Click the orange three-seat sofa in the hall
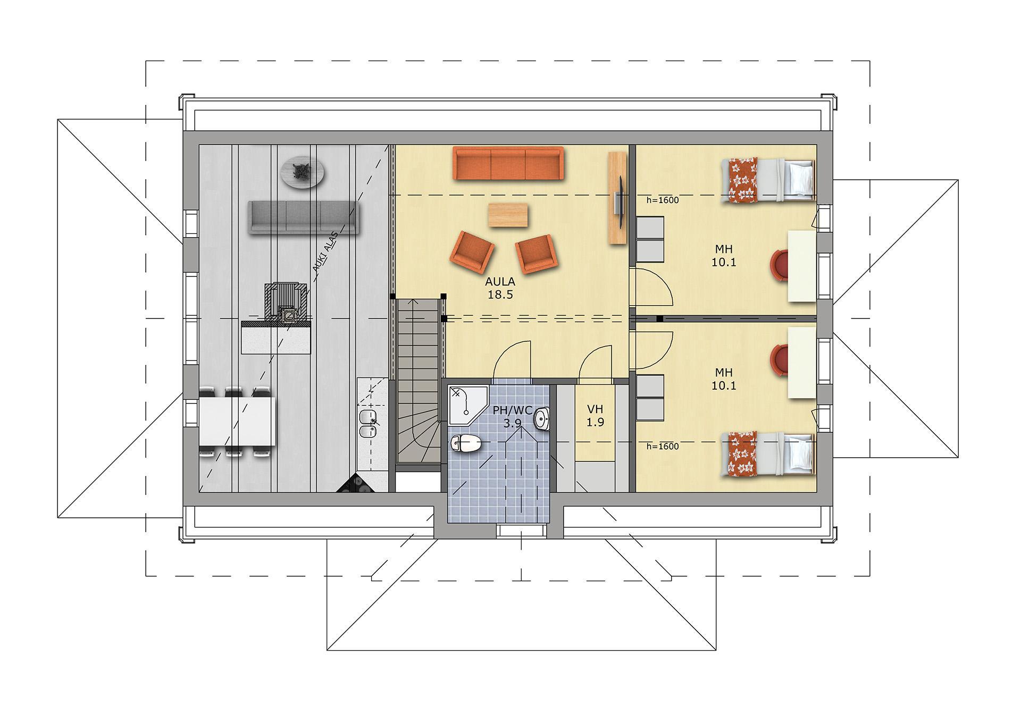click(x=508, y=163)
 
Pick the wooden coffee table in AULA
click(x=508, y=215)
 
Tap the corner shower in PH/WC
click(x=467, y=405)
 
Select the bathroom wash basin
click(x=542, y=420)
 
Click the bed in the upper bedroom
click(x=768, y=181)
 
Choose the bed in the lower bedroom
click(x=768, y=453)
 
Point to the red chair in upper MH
click(x=780, y=264)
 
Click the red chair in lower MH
click(x=780, y=359)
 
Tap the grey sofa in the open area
click(x=304, y=217)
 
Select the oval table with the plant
click(x=303, y=172)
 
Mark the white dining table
click(x=237, y=422)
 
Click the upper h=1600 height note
click(x=663, y=200)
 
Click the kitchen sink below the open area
click(x=367, y=423)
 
